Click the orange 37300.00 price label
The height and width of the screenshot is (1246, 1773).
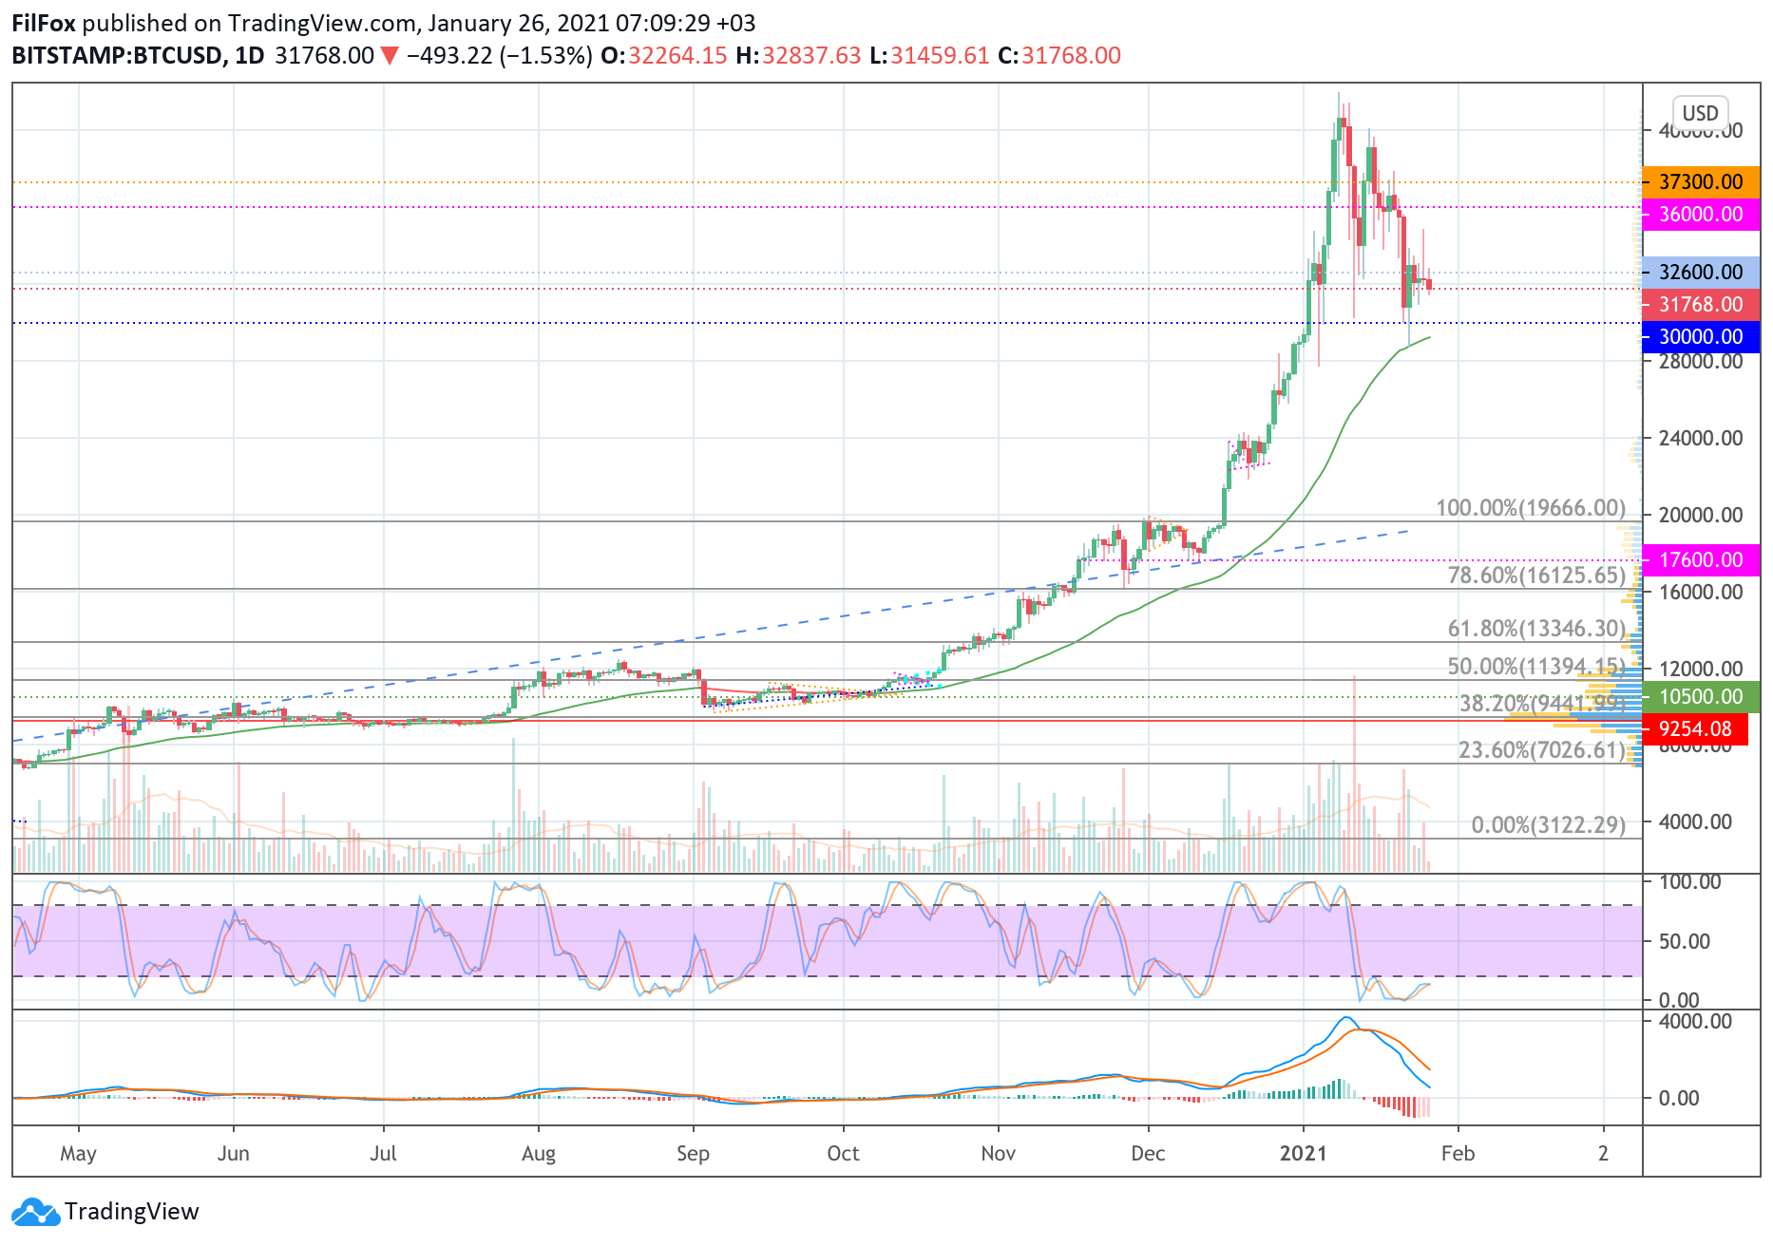pyautogui.click(x=1700, y=181)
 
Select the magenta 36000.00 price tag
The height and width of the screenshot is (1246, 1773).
pyautogui.click(x=1700, y=214)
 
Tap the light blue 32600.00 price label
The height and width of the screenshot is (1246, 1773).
pyautogui.click(x=1700, y=272)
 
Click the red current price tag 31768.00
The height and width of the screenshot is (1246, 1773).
pyautogui.click(x=1700, y=304)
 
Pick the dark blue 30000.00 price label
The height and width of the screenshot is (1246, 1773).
pyautogui.click(x=1700, y=336)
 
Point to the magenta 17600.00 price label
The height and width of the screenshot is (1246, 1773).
pyautogui.click(x=1700, y=559)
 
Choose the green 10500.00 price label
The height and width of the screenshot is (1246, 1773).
pyautogui.click(x=1700, y=696)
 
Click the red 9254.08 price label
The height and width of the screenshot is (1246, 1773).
pyautogui.click(x=1694, y=728)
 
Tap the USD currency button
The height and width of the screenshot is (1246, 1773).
pyautogui.click(x=1700, y=113)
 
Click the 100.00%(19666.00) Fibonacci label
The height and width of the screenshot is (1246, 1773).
pyautogui.click(x=1530, y=508)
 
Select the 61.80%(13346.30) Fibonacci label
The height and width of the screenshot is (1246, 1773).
pyautogui.click(x=1536, y=629)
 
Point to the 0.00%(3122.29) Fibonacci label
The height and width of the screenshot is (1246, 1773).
pyautogui.click(x=1548, y=824)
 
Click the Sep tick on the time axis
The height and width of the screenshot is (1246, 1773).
pyautogui.click(x=693, y=1153)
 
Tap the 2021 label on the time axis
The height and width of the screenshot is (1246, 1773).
pyautogui.click(x=1303, y=1153)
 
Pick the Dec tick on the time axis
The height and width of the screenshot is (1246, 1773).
pyautogui.click(x=1148, y=1153)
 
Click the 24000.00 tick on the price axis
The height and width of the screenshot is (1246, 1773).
pyautogui.click(x=1700, y=438)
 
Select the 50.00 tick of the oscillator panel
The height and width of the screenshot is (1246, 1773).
pyautogui.click(x=1684, y=941)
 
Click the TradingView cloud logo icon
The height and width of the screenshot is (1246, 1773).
pyautogui.click(x=35, y=1213)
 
